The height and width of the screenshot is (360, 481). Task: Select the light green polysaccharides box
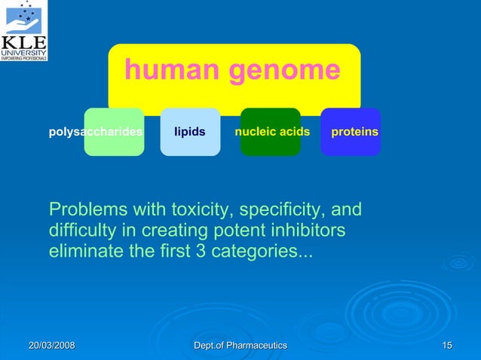tap(114, 132)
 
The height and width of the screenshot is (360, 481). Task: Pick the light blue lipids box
tap(190, 132)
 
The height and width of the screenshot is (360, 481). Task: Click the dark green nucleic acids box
tap(271, 132)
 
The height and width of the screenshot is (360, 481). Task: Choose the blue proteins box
tap(351, 132)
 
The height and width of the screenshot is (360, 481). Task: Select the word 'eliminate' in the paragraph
tap(87, 250)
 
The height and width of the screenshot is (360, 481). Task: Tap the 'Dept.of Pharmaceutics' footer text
tap(240, 345)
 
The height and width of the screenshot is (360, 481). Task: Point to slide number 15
tap(447, 345)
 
